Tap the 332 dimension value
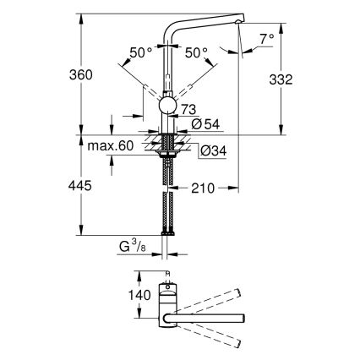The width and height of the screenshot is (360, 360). point(281,79)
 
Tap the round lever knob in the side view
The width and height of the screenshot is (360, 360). point(169,106)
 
